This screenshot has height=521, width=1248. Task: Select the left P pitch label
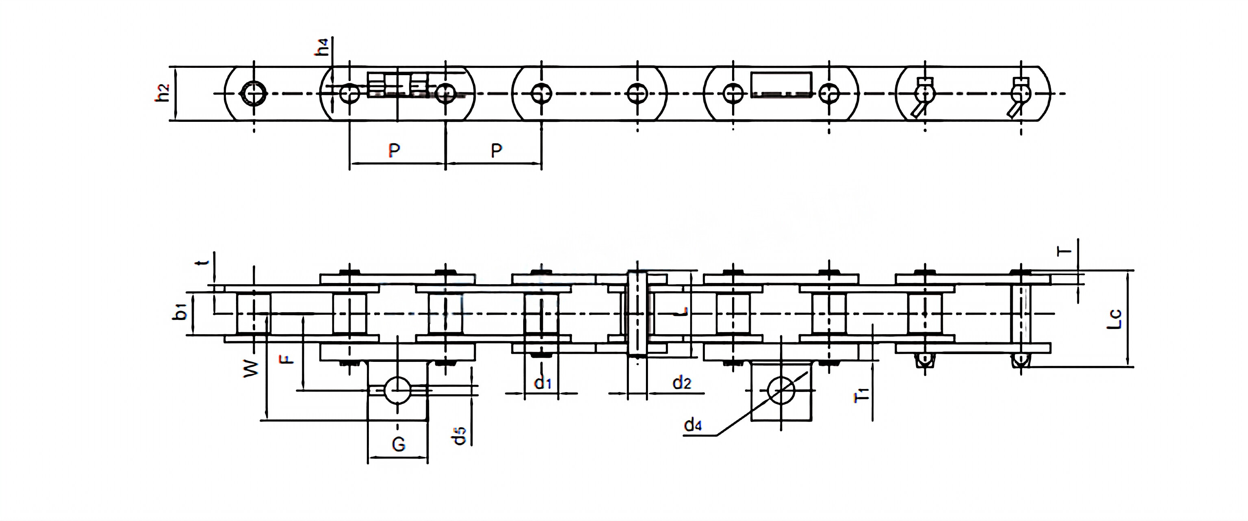394,151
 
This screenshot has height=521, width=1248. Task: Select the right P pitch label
496,151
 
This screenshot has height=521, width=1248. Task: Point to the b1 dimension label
180,312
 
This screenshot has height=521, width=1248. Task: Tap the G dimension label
398,444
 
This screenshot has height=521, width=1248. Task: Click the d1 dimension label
543,383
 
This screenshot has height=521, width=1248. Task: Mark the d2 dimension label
681,383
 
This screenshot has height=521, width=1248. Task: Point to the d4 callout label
693,425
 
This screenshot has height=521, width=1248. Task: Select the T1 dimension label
862,395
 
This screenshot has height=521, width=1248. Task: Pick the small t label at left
204,262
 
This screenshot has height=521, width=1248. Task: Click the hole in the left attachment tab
397,390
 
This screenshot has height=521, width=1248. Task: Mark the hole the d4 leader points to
781,391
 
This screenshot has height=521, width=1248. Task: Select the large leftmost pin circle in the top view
254,93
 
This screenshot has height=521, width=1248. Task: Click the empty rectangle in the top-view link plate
781,85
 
